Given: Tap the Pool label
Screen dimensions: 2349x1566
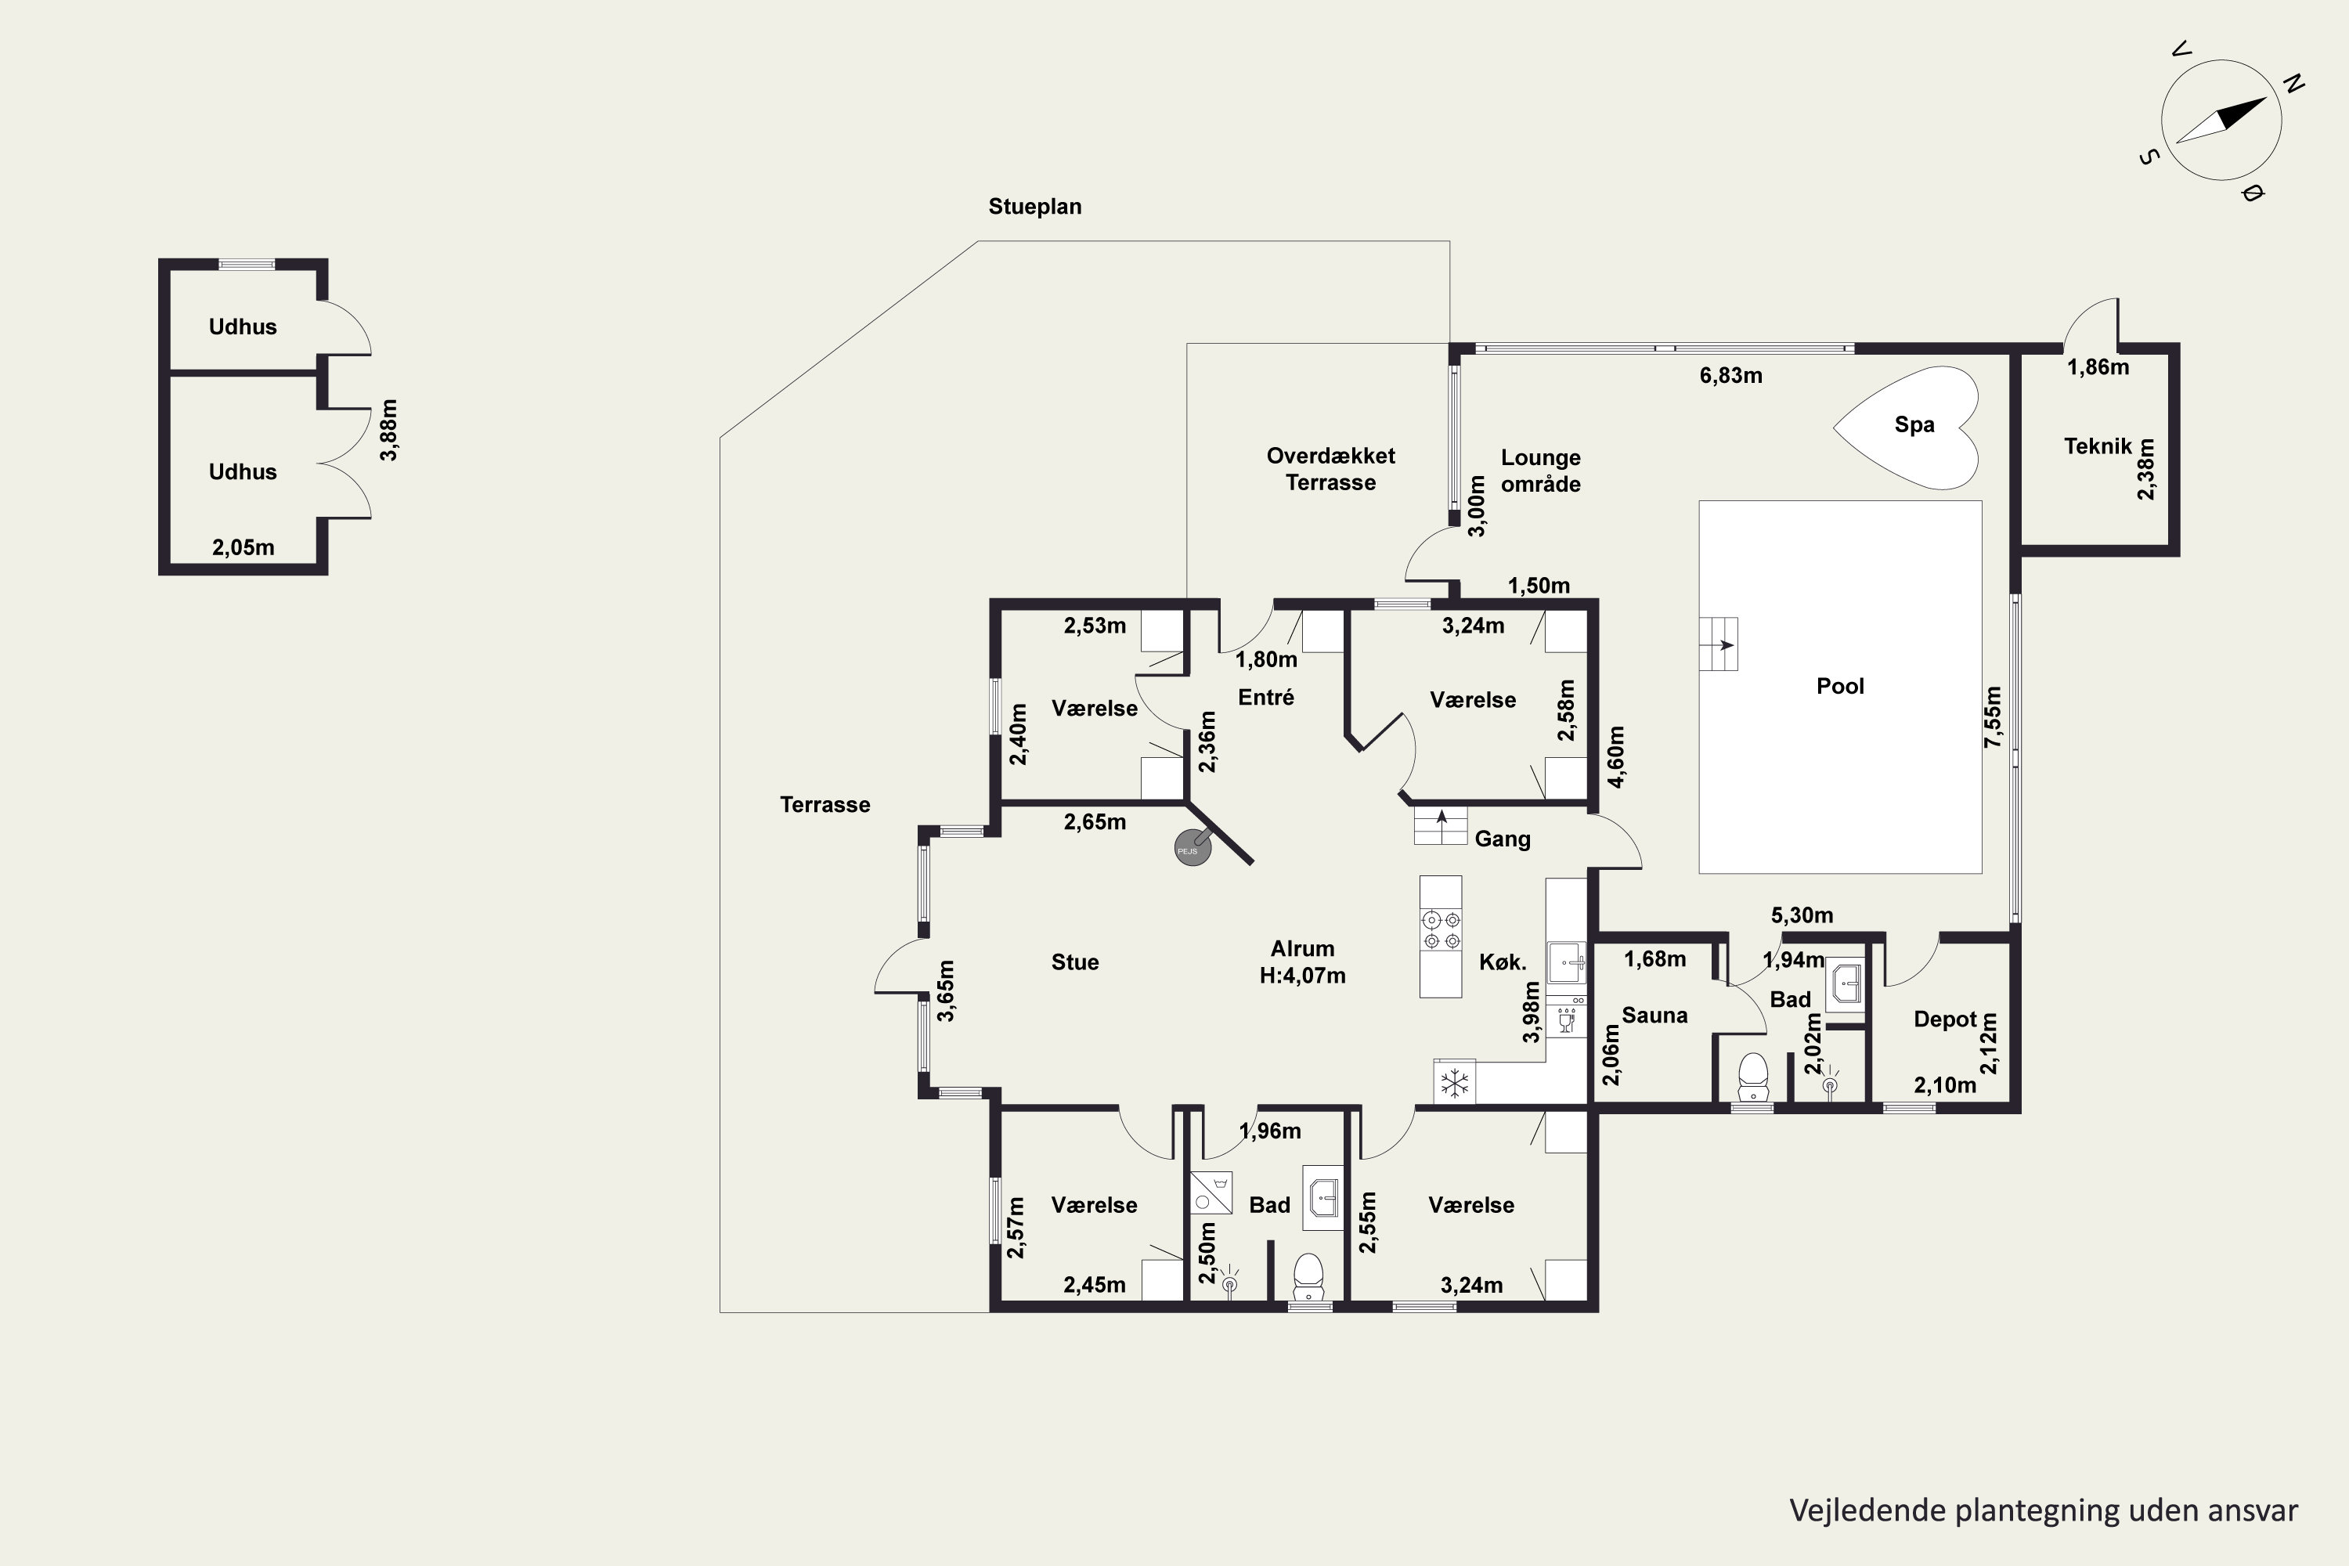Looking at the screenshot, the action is coord(1839,686).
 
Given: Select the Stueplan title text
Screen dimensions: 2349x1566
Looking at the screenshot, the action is coord(1034,207).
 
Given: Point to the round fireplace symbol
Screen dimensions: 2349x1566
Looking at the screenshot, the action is coord(1193,848).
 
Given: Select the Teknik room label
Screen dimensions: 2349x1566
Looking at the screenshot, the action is coord(2098,446).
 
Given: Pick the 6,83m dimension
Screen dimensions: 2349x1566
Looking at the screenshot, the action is coord(1730,377).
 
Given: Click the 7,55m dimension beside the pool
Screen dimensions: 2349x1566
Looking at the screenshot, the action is coord(1994,717).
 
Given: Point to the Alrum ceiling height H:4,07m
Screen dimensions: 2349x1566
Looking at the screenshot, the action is coord(1302,976).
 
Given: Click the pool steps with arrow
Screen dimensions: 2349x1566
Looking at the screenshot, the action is coord(1719,644).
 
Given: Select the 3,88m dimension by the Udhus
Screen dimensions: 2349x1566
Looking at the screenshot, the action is coord(388,431).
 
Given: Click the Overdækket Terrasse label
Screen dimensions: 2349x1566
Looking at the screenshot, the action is coord(1330,469).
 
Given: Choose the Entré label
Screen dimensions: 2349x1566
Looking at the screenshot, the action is coord(1266,697).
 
